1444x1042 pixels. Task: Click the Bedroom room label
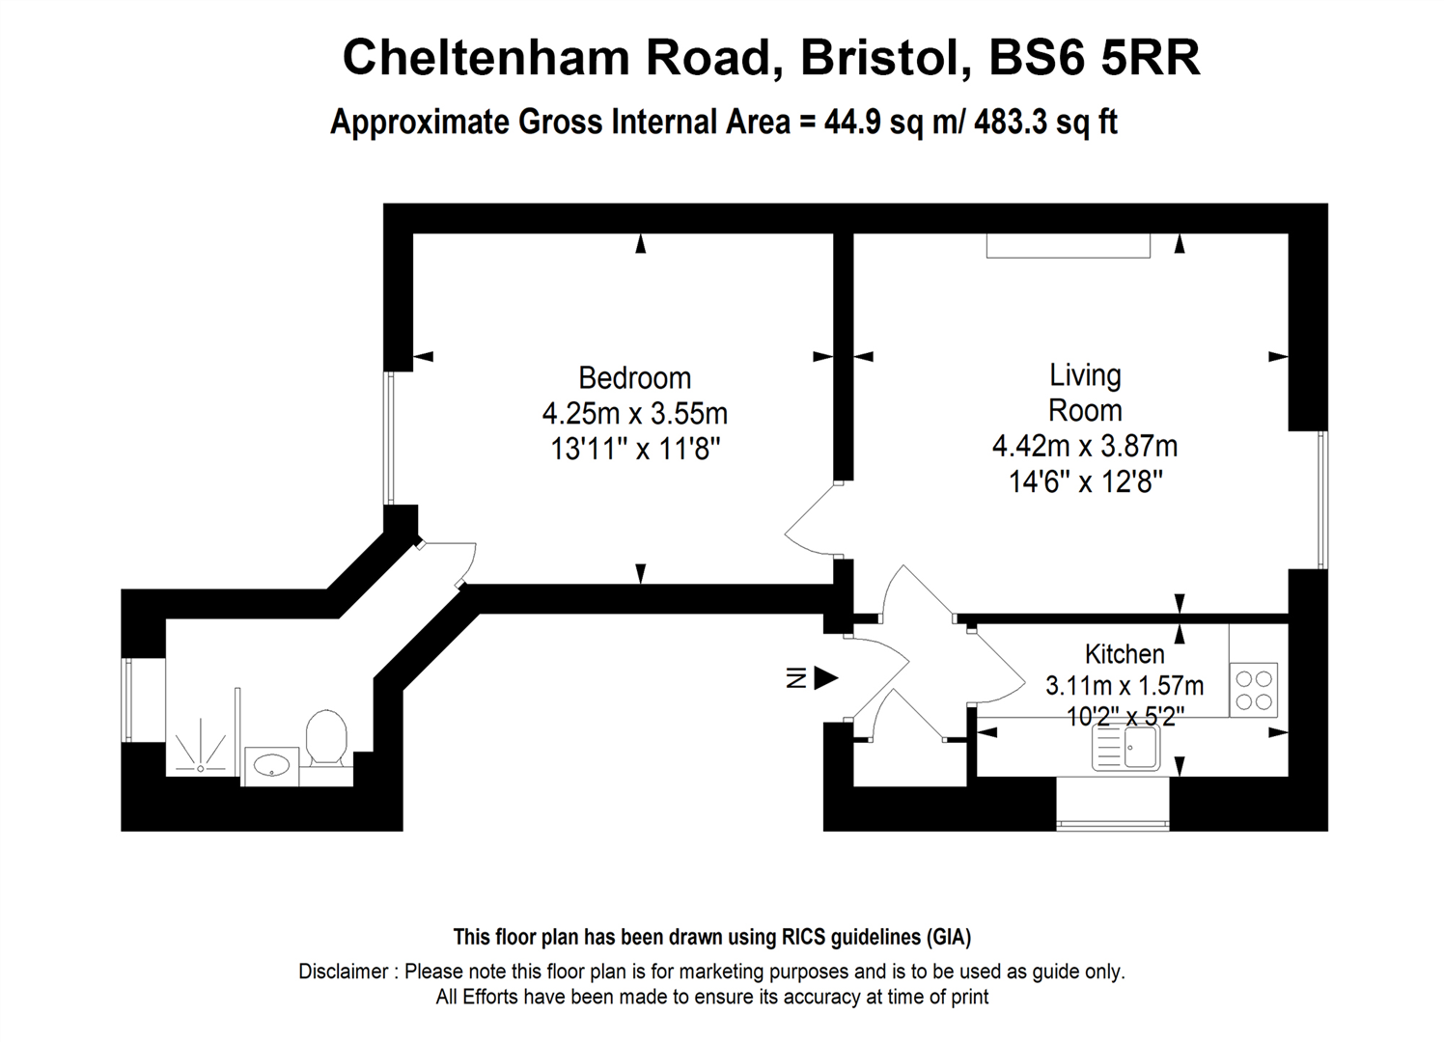tap(634, 377)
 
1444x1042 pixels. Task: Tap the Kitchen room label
tap(1124, 654)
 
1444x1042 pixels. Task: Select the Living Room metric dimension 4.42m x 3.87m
tap(1085, 446)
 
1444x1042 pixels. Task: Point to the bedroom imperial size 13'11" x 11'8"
tap(635, 449)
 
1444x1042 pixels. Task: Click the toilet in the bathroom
tap(326, 738)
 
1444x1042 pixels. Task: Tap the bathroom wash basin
tap(271, 765)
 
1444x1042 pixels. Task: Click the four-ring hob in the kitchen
tap(1253, 689)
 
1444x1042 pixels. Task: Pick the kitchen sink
tap(1126, 747)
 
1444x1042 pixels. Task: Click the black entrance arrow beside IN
tap(825, 678)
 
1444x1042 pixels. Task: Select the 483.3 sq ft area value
tap(1044, 123)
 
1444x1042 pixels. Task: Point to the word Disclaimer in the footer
tap(343, 972)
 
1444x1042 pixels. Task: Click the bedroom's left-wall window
tap(389, 439)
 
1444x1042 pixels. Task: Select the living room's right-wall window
tap(1322, 499)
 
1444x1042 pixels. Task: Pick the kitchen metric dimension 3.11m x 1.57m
tap(1124, 686)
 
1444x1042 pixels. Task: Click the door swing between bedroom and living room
tap(813, 521)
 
